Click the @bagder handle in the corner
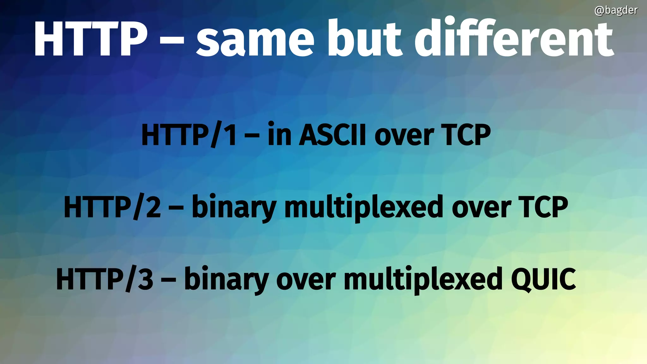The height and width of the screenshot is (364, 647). tap(616, 10)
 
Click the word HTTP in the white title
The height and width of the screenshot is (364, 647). tap(91, 39)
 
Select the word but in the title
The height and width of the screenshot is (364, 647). tap(365, 39)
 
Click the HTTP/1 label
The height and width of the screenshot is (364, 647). tap(189, 135)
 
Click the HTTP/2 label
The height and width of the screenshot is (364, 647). tap(112, 207)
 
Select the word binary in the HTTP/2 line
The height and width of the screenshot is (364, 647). tap(234, 207)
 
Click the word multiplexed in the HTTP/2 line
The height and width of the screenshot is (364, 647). tap(363, 207)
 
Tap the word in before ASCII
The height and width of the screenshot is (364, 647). tap(279, 135)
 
